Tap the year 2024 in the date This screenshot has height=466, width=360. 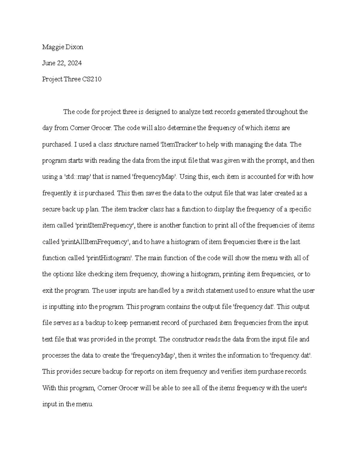[75, 63]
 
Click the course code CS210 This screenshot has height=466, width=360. [92, 79]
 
